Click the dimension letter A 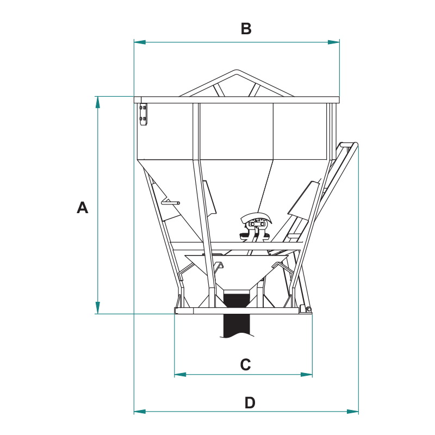point(83,207)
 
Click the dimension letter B point(246,29)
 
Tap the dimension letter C point(246,364)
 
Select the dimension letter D point(250,402)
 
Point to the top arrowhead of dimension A point(97,102)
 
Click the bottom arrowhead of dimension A point(97,308)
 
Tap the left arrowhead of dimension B point(140,42)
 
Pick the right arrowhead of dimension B point(333,42)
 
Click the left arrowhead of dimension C point(180,375)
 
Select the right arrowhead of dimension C point(307,375)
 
